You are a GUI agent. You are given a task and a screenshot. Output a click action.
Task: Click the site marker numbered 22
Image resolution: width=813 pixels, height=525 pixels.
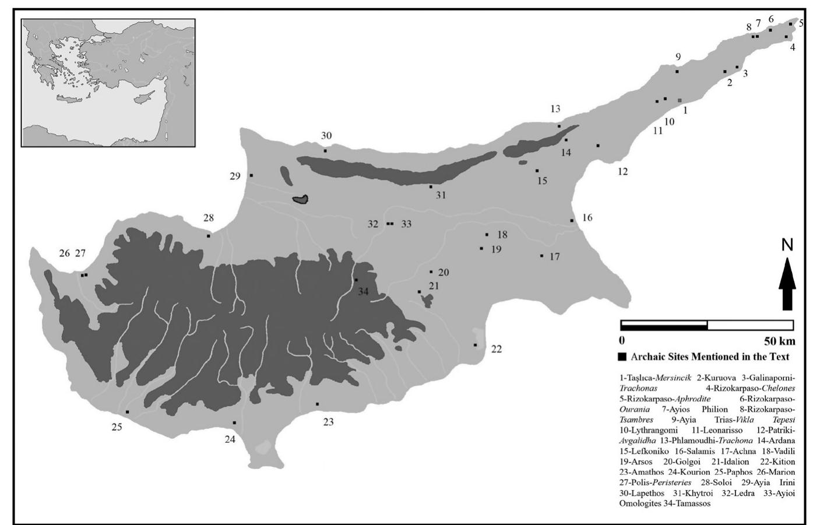[x=476, y=345]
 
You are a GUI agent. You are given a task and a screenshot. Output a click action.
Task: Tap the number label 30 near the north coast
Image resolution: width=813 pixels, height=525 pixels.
[x=326, y=136]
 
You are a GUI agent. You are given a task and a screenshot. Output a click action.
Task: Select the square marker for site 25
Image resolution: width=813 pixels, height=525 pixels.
[x=127, y=412]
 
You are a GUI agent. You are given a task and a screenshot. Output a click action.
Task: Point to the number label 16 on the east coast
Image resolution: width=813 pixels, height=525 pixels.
[x=587, y=218]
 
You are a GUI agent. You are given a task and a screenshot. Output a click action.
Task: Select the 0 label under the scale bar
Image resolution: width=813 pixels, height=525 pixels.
[x=622, y=341]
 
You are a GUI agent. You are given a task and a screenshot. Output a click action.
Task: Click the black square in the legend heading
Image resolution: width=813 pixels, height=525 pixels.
[x=622, y=357]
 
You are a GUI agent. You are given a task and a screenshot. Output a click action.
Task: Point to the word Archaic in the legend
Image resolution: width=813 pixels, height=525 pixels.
[x=647, y=357]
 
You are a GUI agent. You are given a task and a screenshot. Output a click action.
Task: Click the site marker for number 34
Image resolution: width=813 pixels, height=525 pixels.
[x=356, y=280]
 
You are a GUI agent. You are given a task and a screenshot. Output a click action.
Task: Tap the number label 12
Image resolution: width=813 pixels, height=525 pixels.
[x=622, y=172]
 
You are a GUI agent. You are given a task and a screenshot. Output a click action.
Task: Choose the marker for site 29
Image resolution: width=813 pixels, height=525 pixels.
[x=251, y=175]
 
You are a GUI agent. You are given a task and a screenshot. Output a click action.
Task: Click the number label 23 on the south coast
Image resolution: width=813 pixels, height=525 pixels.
[x=328, y=422]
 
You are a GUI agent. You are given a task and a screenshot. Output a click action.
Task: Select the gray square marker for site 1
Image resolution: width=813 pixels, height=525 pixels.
[x=680, y=101]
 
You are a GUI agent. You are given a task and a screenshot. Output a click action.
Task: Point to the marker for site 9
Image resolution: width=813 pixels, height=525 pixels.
[x=677, y=72]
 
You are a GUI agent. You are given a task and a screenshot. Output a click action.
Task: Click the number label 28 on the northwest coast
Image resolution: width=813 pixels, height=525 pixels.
[x=208, y=219]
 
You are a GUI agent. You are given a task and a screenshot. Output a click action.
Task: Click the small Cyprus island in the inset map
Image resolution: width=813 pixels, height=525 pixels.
[x=146, y=96]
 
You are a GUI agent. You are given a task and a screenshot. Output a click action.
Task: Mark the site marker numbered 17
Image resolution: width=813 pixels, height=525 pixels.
[x=542, y=256]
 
